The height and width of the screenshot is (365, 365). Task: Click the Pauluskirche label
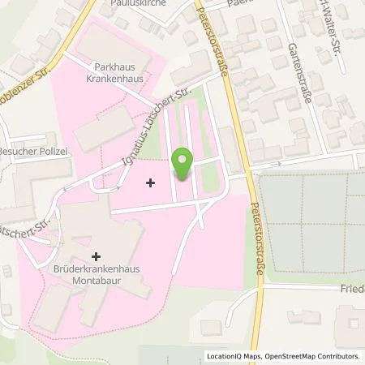pos(131,3)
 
